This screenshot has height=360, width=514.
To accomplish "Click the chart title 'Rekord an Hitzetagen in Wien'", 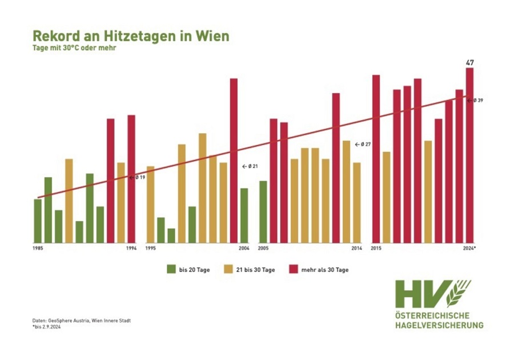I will click(x=131, y=36).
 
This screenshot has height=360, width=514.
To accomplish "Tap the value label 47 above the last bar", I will click(x=470, y=62).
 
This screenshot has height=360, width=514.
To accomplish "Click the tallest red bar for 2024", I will click(x=470, y=154).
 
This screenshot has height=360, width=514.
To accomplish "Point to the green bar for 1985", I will click(x=38, y=221).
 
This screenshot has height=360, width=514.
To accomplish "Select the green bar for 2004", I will click(x=244, y=215).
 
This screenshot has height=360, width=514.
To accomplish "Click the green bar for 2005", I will click(x=263, y=211).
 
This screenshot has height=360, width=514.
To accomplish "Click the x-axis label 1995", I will click(x=151, y=249).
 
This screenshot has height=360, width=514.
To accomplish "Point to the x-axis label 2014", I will click(x=356, y=249).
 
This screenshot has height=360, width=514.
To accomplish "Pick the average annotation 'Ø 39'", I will click(x=478, y=101).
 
